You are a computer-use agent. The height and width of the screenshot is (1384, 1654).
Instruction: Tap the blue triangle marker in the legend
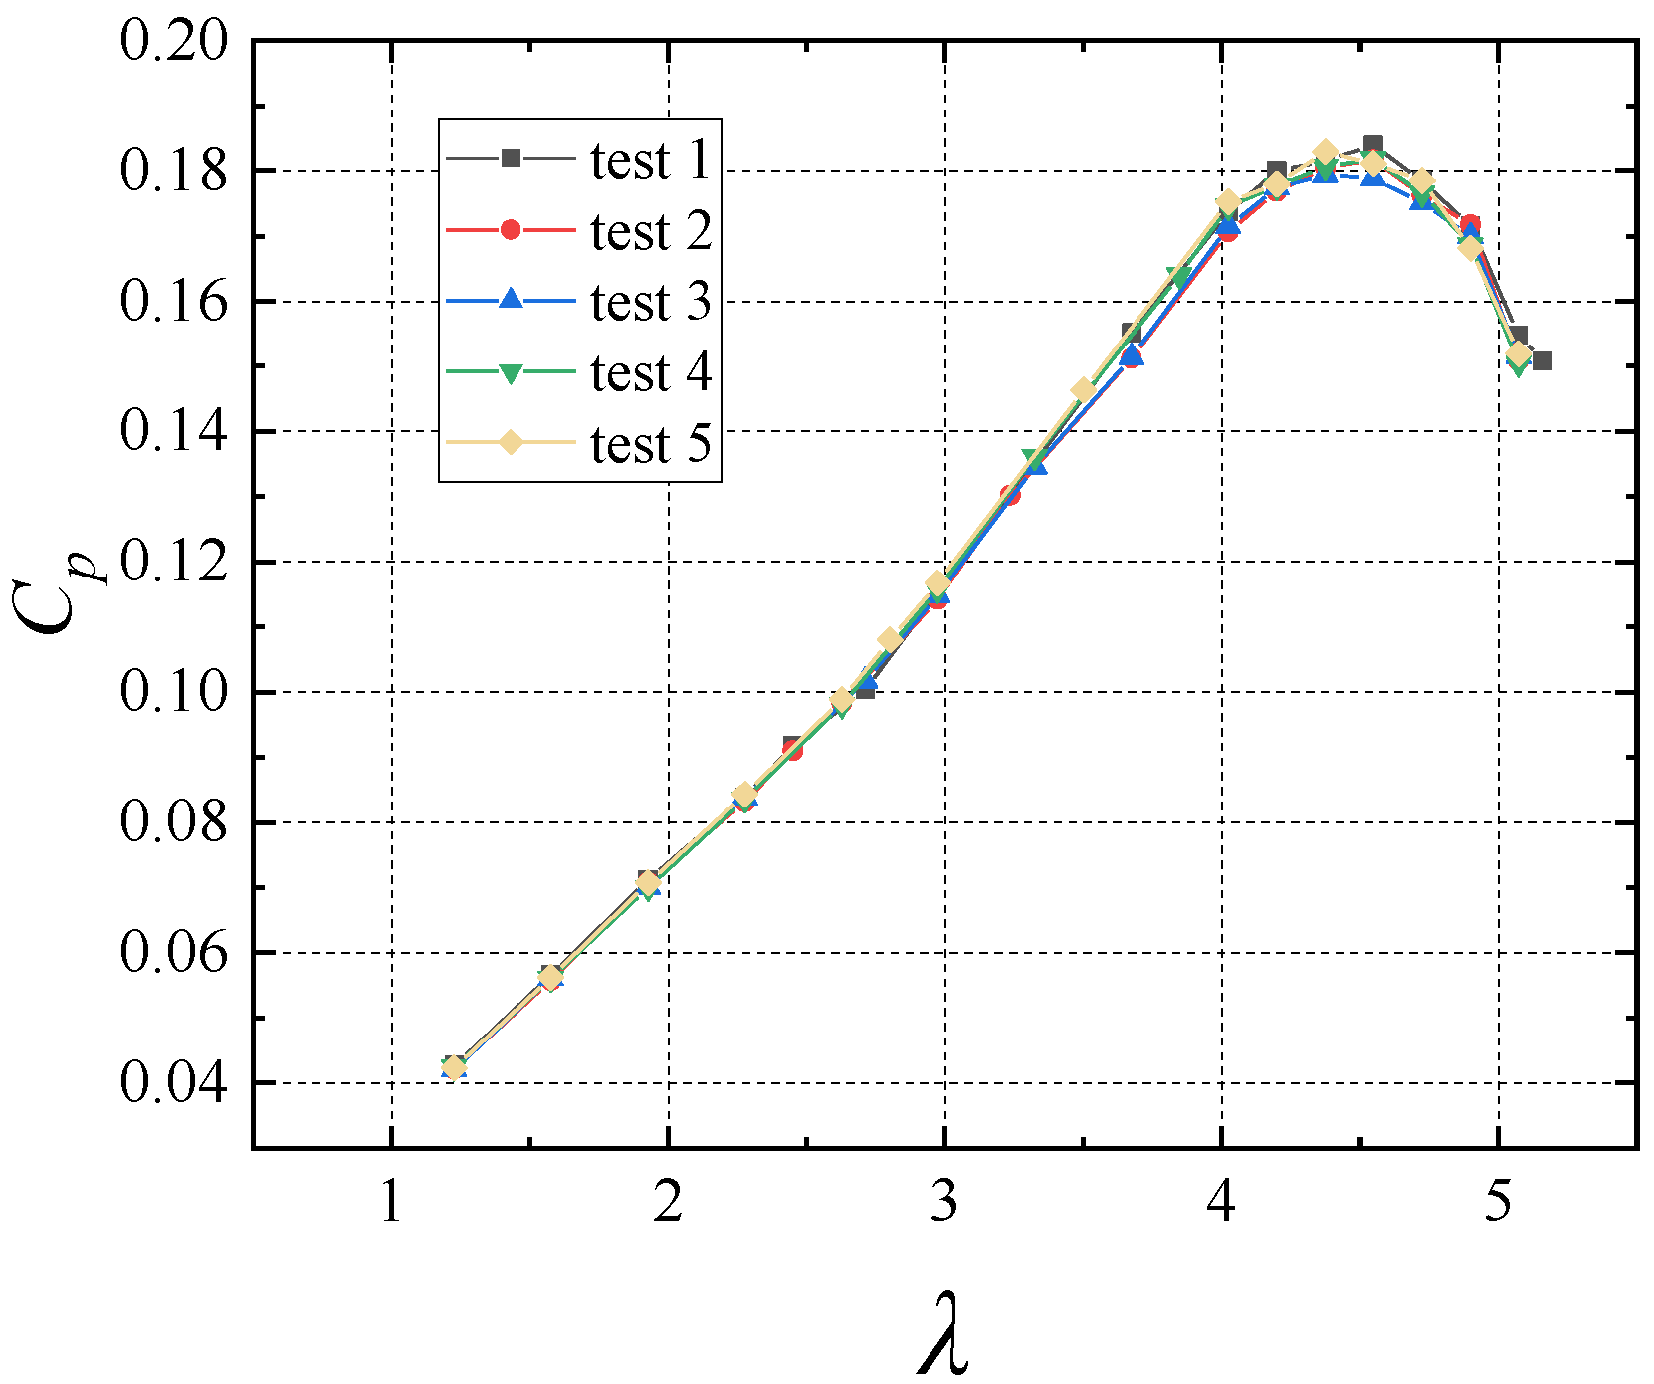(x=511, y=300)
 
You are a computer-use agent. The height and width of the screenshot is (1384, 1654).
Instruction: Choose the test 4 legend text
(x=651, y=373)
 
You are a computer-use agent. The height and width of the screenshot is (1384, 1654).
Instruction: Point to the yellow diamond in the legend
(x=511, y=442)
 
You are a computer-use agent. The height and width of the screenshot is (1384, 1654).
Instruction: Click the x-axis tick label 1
(x=392, y=1202)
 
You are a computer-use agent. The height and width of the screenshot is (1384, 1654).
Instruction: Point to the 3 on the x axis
(x=944, y=1202)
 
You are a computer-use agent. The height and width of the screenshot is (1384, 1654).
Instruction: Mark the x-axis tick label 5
(x=1497, y=1202)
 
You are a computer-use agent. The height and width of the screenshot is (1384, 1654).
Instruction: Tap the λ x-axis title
(x=942, y=1334)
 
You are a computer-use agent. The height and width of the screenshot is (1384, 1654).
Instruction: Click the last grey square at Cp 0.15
(x=1542, y=360)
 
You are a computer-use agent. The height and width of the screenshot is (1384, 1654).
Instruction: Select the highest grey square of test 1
(x=1373, y=145)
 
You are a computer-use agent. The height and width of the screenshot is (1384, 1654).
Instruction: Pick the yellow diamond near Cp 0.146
(x=1083, y=389)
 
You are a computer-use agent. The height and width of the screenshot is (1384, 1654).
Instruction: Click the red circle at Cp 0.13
(x=1010, y=495)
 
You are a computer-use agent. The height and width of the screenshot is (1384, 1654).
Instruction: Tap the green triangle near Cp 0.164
(x=1179, y=276)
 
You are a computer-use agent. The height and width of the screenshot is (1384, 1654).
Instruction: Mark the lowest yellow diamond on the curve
(x=454, y=1067)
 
